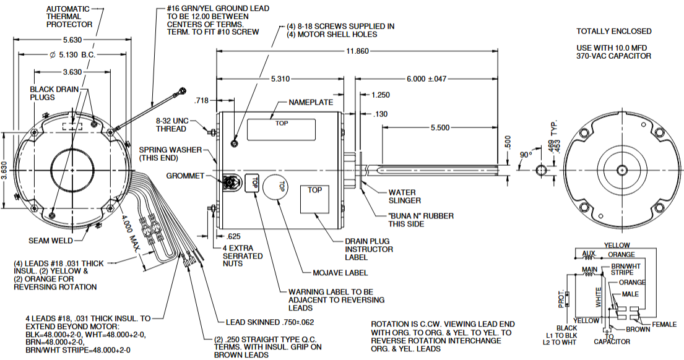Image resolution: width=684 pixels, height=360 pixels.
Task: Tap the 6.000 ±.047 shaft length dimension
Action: click(426, 80)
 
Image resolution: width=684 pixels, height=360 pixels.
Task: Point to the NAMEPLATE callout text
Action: click(311, 102)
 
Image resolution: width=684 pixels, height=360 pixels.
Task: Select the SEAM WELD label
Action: click(51, 241)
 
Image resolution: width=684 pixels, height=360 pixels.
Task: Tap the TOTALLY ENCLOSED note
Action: click(613, 31)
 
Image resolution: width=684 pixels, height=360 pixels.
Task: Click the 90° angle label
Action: click(526, 153)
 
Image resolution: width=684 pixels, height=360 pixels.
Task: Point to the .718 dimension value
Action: click(201, 100)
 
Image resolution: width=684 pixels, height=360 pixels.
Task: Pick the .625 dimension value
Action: click(234, 236)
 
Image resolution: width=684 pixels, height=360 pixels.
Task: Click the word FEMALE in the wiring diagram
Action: click(664, 324)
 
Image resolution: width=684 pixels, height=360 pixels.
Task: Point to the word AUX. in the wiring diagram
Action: click(589, 254)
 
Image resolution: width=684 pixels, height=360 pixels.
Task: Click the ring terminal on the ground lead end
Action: click(179, 93)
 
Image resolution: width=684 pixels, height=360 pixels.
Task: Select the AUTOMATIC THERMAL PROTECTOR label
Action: click(68, 17)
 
